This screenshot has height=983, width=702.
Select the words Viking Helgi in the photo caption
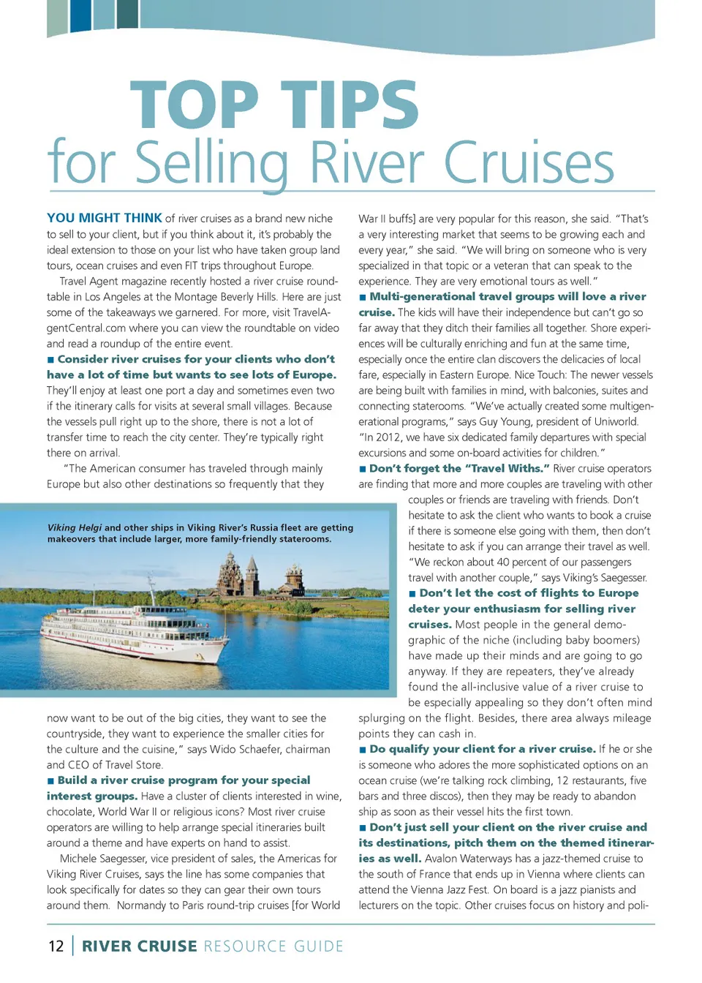75,527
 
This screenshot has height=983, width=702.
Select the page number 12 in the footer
56,946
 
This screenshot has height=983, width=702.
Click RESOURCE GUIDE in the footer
273,946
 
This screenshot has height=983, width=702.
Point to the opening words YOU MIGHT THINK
105,218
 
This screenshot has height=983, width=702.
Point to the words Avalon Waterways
469,859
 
